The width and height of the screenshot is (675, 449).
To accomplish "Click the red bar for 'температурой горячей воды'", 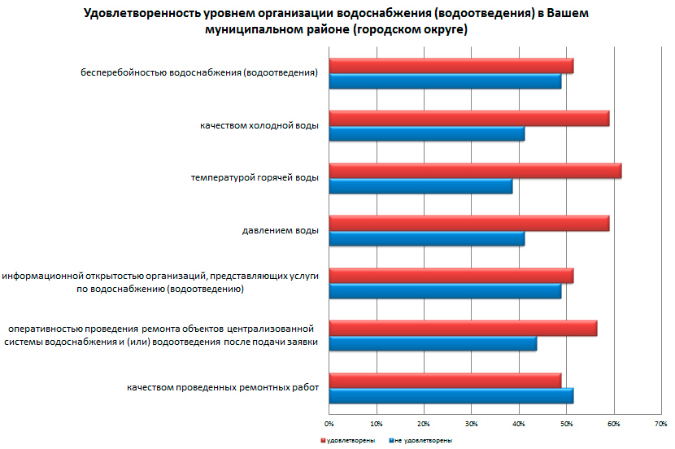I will point(475,171).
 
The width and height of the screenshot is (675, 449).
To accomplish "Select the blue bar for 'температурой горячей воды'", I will point(420,186).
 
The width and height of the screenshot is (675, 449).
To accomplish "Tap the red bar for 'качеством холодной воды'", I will point(468,119).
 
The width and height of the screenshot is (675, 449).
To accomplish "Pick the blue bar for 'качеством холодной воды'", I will point(426,134).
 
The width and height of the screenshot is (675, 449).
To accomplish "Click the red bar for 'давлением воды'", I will point(468,223).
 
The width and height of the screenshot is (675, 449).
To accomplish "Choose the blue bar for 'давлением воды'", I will point(426,238).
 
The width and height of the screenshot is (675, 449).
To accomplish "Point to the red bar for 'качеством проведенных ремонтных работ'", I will point(445,380).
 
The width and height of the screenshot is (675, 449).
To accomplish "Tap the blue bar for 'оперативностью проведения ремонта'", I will point(433,343).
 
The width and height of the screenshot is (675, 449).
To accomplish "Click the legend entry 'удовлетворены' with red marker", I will point(349,440).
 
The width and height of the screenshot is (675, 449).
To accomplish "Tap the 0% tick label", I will point(329,424).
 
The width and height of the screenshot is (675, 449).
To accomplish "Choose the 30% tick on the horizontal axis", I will point(472,424).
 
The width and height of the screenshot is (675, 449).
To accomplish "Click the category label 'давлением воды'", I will point(280,230).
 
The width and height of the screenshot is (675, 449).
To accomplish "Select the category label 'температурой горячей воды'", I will point(255,178).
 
